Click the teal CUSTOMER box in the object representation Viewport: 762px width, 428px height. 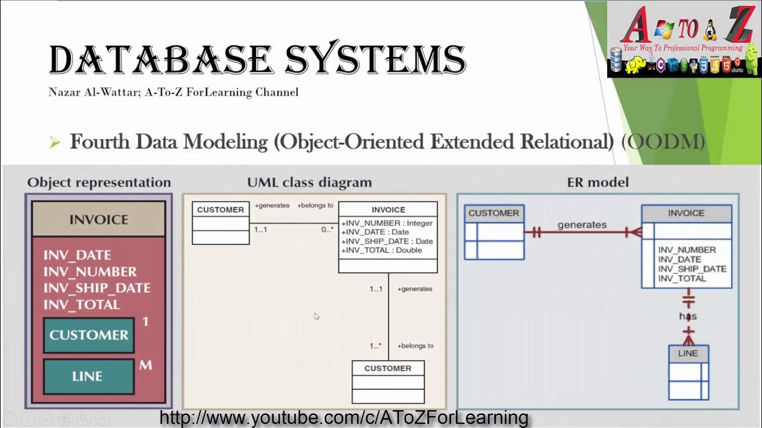pyautogui.click(x=89, y=335)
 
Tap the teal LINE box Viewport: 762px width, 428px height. pyautogui.click(x=88, y=376)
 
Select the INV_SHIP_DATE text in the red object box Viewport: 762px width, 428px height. pyautogui.click(x=97, y=288)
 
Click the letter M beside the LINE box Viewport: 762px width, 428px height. pyautogui.click(x=146, y=365)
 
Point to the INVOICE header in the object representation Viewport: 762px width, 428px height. pyautogui.click(x=98, y=219)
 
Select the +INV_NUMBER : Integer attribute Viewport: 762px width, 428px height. pyautogui.click(x=387, y=223)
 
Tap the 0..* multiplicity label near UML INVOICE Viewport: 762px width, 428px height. pyautogui.click(x=327, y=229)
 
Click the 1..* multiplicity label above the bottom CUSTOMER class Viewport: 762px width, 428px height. pyautogui.click(x=375, y=345)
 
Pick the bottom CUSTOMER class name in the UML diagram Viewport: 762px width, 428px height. pyautogui.click(x=388, y=368)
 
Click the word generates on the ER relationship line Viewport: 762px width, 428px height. pyautogui.click(x=582, y=225)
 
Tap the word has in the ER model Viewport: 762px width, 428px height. pyautogui.click(x=688, y=316)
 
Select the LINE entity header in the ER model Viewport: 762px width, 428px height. pyautogui.click(x=688, y=353)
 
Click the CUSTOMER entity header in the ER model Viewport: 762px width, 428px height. pyautogui.click(x=494, y=213)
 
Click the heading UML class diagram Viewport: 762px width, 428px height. pyautogui.click(x=309, y=182)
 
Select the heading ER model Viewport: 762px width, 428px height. pyautogui.click(x=598, y=182)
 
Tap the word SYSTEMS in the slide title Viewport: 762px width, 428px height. pyautogui.click(x=375, y=60)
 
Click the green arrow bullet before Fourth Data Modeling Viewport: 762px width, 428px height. pyautogui.click(x=55, y=142)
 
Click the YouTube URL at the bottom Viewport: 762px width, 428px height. pyautogui.click(x=343, y=418)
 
